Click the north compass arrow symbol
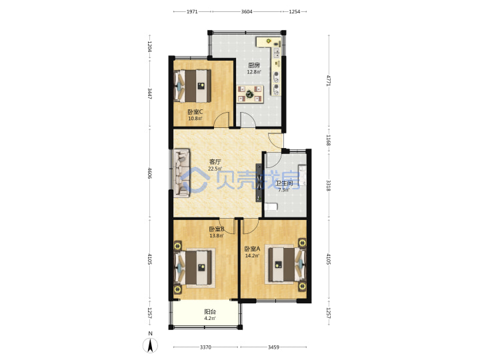click(x=150, y=345)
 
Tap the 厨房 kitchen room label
click(x=254, y=65)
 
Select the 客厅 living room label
click(x=215, y=161)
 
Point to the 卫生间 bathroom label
click(x=284, y=183)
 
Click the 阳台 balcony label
click(x=210, y=311)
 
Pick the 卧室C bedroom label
click(x=195, y=112)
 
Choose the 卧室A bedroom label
click(x=252, y=249)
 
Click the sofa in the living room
click(x=182, y=173)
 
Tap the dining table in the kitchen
click(x=250, y=94)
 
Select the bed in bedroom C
click(x=193, y=86)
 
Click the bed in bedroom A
click(x=287, y=265)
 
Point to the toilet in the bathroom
click(x=271, y=207)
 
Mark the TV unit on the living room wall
click(x=259, y=183)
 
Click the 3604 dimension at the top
click(x=247, y=11)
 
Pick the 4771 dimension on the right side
click(x=329, y=81)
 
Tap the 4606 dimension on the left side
click(x=150, y=173)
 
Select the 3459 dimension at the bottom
click(x=273, y=347)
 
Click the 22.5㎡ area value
click(x=215, y=169)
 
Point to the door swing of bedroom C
click(x=221, y=119)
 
